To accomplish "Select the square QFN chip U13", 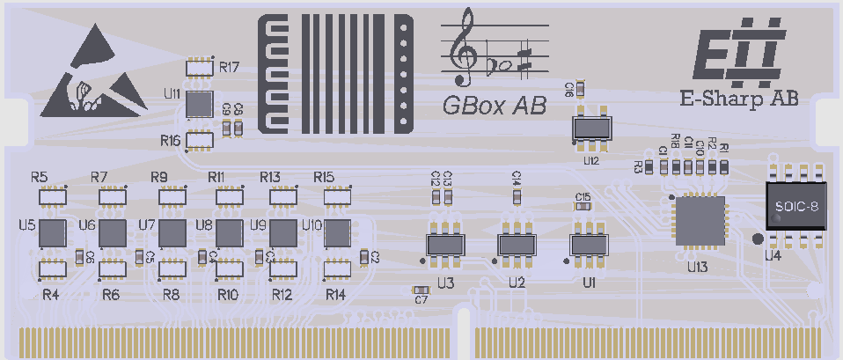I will [x=699, y=220].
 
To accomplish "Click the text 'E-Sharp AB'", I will [x=740, y=99].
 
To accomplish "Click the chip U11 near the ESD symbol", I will [x=201, y=103].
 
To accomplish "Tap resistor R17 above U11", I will [x=201, y=67].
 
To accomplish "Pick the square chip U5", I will [x=52, y=233].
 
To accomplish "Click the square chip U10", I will [x=337, y=233].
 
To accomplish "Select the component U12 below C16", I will [x=591, y=129].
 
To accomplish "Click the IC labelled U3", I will [x=445, y=245].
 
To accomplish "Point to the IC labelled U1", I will [x=589, y=245].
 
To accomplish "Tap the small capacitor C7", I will [x=421, y=289].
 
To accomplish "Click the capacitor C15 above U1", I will [x=583, y=207].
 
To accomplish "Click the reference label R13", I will [x=270, y=177].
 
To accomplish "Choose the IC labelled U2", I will [x=517, y=245].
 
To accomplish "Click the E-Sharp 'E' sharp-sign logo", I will [x=736, y=55].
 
